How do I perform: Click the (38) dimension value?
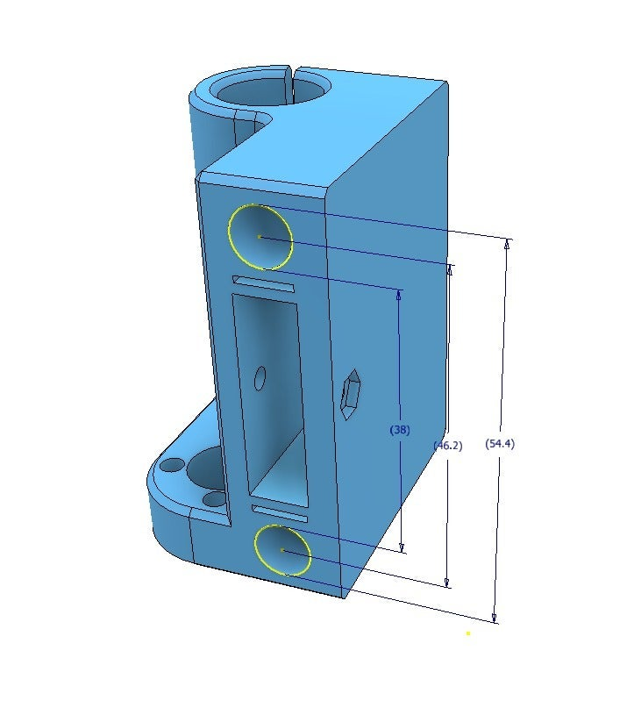(399, 430)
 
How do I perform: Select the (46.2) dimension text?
(447, 446)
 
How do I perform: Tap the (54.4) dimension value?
(500, 444)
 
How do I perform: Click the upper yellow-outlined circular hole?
(260, 237)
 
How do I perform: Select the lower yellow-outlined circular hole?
(282, 550)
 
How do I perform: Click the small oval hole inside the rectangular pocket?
(260, 378)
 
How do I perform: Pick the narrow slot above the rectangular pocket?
(263, 284)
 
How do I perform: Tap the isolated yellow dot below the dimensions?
(468, 633)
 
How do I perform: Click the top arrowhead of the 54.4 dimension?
(507, 245)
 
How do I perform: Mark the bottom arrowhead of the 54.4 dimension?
(495, 617)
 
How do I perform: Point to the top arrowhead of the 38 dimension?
(399, 296)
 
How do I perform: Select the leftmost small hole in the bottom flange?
(173, 464)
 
